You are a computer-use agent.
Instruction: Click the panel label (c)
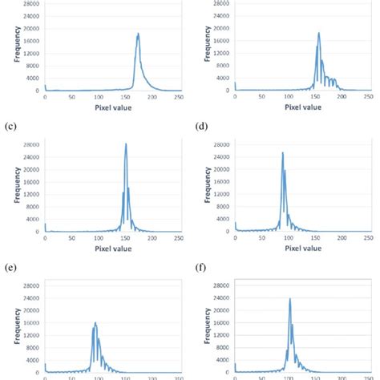click(10, 125)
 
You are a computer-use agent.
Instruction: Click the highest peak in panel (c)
click(126, 144)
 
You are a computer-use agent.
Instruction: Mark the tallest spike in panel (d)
click(282, 152)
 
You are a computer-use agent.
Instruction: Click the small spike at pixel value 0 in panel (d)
click(236, 227)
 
